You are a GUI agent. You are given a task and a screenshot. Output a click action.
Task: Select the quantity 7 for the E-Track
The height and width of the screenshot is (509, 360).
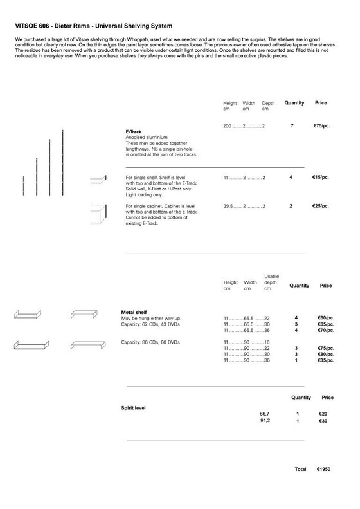click(292, 125)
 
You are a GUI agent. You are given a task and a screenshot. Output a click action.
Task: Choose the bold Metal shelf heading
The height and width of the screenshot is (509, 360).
click(138, 312)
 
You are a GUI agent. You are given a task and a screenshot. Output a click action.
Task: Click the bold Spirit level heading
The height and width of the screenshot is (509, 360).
click(136, 408)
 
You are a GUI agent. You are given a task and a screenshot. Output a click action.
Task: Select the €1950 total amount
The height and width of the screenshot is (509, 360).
click(323, 470)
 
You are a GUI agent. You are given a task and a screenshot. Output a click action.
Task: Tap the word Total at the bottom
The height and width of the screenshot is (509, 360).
click(300, 470)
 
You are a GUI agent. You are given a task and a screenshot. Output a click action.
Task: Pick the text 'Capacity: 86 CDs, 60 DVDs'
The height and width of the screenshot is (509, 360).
click(148, 341)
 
